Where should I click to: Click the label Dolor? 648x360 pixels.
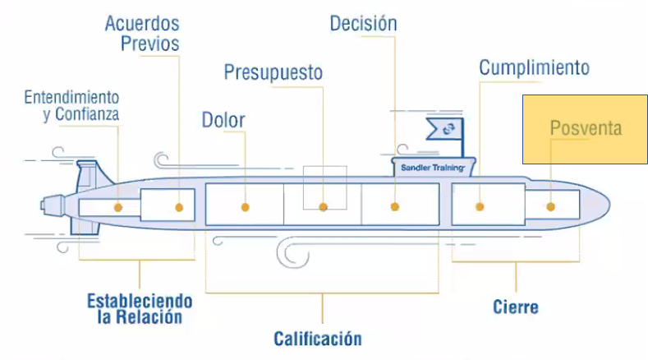[x=223, y=119]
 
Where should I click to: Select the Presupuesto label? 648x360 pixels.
[x=273, y=72]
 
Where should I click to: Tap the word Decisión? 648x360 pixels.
[x=363, y=23]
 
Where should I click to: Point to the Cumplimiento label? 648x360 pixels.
[x=534, y=67]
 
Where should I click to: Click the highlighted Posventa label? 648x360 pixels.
[x=586, y=128]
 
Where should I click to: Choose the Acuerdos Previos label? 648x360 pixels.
[x=142, y=32]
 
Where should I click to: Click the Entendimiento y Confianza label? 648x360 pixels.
[x=71, y=105]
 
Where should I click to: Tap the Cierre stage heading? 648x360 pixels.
[x=516, y=307]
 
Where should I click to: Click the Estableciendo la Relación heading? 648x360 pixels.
[x=140, y=308]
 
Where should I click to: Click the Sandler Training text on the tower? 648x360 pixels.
[x=432, y=168]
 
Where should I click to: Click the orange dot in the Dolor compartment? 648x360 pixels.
[x=245, y=207]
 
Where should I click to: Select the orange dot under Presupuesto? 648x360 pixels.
[x=324, y=207]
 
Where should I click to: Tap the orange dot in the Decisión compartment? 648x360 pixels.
[x=394, y=207]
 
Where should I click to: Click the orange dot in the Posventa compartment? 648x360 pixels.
[x=550, y=207]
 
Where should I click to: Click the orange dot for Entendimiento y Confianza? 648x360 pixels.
[x=118, y=207]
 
